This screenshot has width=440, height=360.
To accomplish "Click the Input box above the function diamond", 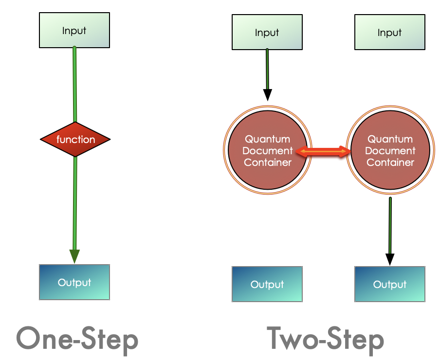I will coord(74,30).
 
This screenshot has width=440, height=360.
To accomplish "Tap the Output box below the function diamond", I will coord(74,282).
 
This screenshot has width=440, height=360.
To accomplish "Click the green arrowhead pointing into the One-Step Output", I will coord(74,256).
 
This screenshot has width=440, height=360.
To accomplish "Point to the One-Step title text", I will coord(77,339).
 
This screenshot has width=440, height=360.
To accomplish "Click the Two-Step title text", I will coord(325,339).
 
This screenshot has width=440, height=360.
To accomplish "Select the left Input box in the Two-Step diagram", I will coord(267,33).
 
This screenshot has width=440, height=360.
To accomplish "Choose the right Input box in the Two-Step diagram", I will coord(389,33).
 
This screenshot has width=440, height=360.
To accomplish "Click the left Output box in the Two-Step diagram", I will coord(267,285).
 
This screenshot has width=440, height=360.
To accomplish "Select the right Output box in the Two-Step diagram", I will coord(389,285).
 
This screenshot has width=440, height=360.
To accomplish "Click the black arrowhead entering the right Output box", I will coord(390,259).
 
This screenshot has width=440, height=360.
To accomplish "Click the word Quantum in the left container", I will coord(267,139).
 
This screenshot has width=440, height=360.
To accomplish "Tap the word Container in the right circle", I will coord(390,162).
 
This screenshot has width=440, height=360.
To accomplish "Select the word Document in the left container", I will coord(267,151).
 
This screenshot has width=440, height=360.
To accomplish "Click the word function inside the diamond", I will coord(75,140).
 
